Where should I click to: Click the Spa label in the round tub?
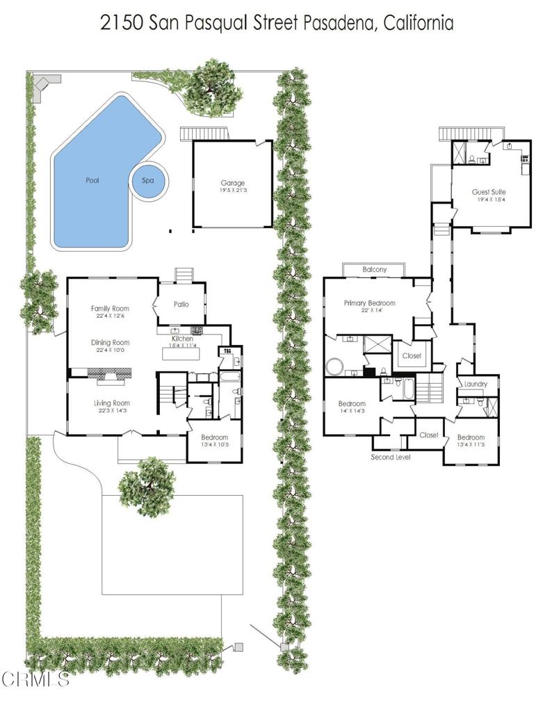147,180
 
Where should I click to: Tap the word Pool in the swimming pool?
92,180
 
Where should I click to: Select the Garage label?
232,183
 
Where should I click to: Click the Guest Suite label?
489,192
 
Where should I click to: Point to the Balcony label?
375,269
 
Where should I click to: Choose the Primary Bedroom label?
370,303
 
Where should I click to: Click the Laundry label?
476,384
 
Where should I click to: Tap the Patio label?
181,305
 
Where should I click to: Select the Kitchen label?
183,339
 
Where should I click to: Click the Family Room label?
110,308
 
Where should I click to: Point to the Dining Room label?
111,343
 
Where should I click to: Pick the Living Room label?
112,403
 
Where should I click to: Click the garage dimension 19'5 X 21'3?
232,191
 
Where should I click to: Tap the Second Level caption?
391,457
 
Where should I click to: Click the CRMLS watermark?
35,679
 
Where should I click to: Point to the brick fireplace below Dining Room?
109,375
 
